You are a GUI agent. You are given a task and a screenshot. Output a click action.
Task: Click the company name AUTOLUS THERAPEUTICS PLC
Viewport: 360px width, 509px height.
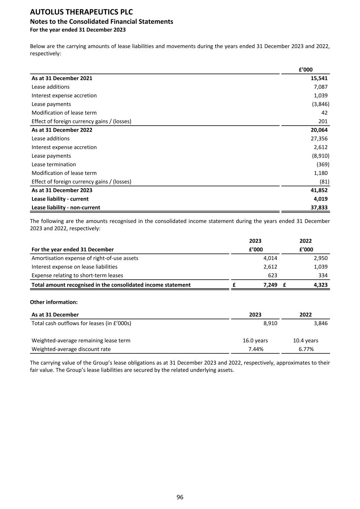[x=81, y=12]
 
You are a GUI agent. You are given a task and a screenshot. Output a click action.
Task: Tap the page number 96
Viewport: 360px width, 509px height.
[x=180, y=497]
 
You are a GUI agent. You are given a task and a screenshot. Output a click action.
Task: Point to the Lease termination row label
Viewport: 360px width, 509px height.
[x=54, y=164]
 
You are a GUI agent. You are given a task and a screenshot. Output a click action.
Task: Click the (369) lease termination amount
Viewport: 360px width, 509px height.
[x=323, y=164]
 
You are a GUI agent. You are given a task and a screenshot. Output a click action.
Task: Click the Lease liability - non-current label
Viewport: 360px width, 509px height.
[x=66, y=207]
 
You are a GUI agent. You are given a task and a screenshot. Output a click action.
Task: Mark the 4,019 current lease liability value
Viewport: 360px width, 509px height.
[x=320, y=199]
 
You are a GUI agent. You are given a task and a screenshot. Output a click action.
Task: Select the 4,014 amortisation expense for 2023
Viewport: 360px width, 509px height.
[x=270, y=258]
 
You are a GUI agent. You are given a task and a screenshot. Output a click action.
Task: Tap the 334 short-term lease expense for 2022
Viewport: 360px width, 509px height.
[x=323, y=275]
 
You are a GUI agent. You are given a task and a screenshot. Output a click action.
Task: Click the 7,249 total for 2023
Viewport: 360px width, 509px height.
[x=270, y=285]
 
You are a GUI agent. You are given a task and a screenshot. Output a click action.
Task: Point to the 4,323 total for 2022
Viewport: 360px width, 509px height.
[x=320, y=285]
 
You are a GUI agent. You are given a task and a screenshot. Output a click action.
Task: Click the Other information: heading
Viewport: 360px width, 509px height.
[x=54, y=302]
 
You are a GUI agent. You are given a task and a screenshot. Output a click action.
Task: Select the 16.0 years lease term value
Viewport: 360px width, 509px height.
[x=255, y=340]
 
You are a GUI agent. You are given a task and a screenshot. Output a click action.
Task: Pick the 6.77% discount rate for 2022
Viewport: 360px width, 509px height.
[x=306, y=349]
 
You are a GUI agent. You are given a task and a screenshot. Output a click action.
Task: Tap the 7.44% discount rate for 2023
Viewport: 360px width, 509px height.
[x=256, y=349]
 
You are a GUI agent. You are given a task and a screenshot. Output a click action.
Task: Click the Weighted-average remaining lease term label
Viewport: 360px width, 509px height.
[x=81, y=340]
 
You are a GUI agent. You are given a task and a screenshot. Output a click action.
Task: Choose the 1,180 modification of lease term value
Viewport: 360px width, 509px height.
[x=320, y=173]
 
